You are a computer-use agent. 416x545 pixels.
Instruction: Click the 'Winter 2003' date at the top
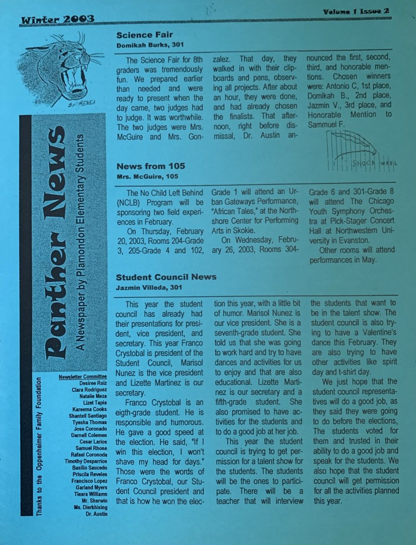click(57, 20)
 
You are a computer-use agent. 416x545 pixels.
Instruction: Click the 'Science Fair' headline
click(141, 35)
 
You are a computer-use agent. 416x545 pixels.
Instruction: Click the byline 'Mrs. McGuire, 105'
click(147, 176)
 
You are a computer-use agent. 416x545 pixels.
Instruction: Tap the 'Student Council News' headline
click(166, 277)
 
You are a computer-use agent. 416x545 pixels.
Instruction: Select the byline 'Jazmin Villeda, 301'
click(149, 287)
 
